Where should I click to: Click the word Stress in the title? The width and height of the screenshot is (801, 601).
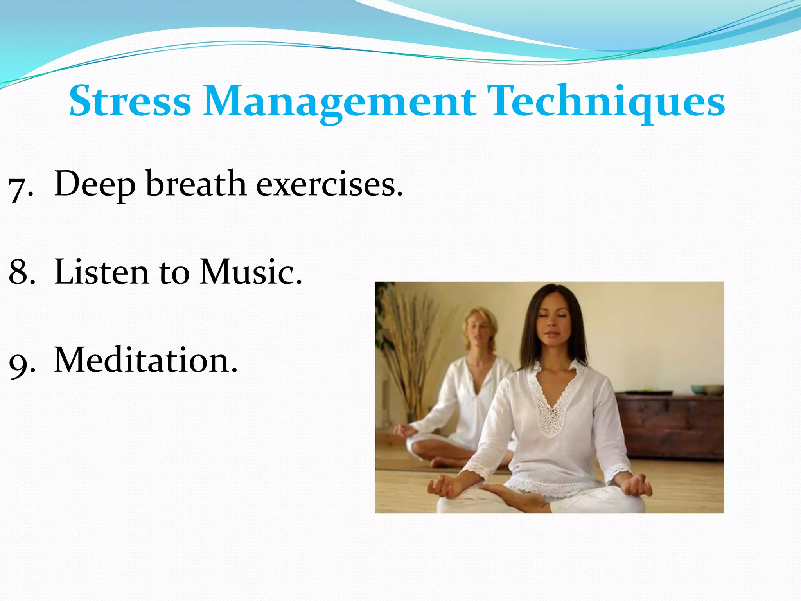pyautogui.click(x=130, y=101)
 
